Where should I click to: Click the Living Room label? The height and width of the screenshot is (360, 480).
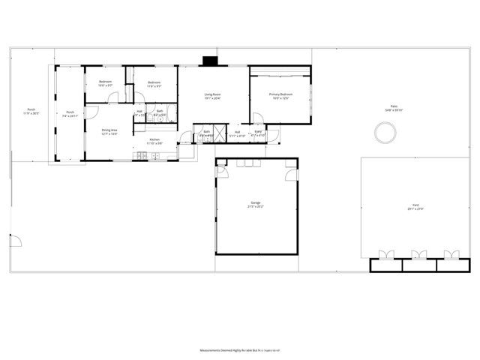(x=213, y=94)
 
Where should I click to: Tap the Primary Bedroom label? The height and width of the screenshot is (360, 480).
(x=281, y=94)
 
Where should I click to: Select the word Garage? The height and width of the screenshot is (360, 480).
(x=256, y=202)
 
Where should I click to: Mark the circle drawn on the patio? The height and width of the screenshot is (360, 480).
(x=385, y=134)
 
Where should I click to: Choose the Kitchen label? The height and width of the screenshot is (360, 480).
(x=154, y=139)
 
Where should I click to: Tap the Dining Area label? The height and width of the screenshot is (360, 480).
(x=109, y=130)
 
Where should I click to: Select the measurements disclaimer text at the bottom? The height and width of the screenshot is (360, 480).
(x=239, y=349)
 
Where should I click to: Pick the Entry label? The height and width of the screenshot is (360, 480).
(x=258, y=132)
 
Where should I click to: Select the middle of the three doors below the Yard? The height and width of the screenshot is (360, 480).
(x=418, y=255)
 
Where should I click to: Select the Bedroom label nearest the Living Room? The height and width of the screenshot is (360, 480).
(x=154, y=82)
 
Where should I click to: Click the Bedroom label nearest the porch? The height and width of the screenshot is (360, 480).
(x=106, y=82)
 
